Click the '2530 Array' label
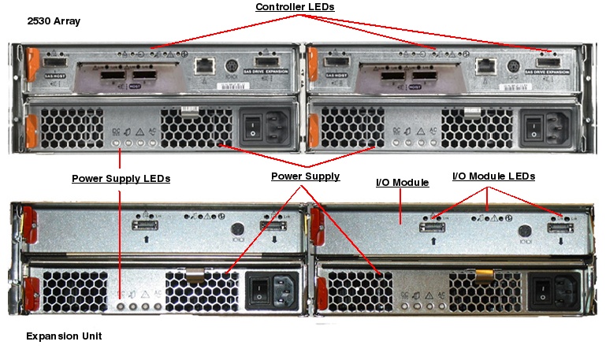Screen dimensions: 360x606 click(x=54, y=21)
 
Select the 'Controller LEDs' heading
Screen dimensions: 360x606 click(x=295, y=7)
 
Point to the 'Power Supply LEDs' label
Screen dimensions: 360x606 click(x=121, y=178)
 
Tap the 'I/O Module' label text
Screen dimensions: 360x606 click(x=402, y=183)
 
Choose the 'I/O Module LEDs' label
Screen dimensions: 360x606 click(x=493, y=176)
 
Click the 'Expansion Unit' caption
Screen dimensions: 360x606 click(x=64, y=336)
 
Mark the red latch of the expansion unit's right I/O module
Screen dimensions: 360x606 click(x=318, y=224)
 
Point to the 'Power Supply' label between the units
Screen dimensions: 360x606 click(x=305, y=176)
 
